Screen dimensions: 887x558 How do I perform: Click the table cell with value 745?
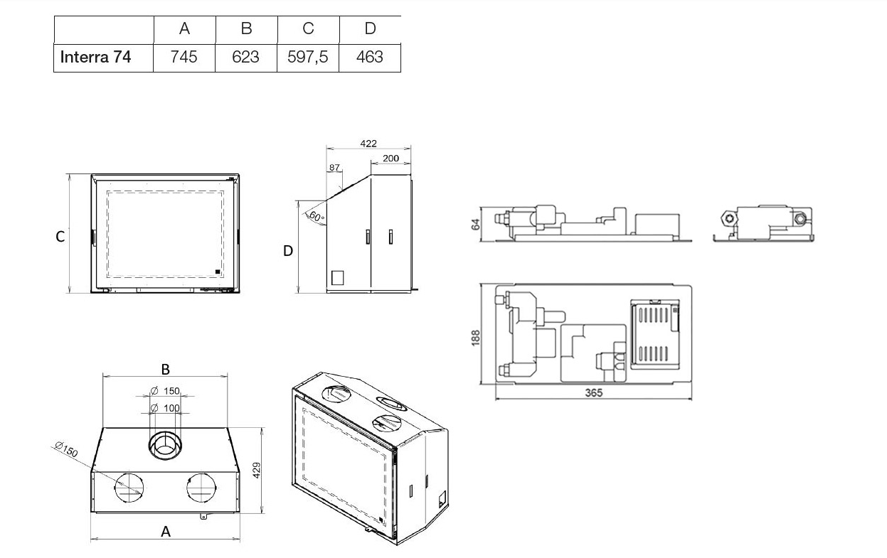pos(184,57)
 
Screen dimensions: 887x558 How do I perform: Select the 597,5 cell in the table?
pos(308,57)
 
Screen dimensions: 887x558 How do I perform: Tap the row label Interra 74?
pos(95,57)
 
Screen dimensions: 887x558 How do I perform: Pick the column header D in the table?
pos(370,28)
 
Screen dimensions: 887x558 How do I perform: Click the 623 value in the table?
pos(245,57)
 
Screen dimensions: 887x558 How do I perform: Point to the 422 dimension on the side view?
pos(368,144)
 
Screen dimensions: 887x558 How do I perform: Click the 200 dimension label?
pos(391,159)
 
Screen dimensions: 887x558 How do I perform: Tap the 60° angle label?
pos(317,217)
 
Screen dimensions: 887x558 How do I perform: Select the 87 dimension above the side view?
pos(334,168)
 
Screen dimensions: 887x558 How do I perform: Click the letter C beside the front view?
pos(60,237)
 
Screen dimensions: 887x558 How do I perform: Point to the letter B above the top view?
pos(166,369)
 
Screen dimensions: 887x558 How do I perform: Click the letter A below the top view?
pos(166,532)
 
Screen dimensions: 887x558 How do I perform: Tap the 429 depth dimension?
pos(257,470)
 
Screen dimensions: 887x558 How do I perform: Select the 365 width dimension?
pos(593,393)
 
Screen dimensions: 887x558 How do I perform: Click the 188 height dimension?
pos(476,338)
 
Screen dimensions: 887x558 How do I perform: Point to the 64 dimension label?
pos(476,224)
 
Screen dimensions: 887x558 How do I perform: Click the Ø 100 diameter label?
pos(165,407)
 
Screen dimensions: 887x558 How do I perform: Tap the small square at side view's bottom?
pos(337,278)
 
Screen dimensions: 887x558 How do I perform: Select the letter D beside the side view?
pos(288,250)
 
